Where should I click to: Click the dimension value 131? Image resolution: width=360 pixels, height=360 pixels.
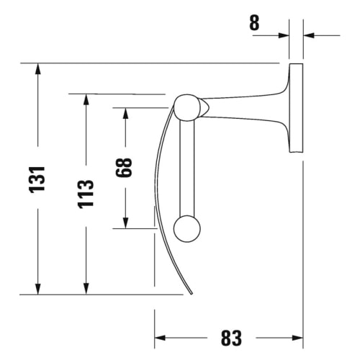[x=38, y=179]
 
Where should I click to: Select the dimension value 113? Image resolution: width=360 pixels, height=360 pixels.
[x=86, y=194]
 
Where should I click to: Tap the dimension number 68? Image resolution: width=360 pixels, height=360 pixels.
[x=125, y=168]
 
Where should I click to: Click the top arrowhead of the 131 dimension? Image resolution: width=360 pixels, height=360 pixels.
[x=38, y=69]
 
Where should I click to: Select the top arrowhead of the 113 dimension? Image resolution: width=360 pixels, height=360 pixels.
[x=86, y=99]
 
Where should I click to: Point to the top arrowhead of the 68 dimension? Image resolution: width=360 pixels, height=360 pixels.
[x=125, y=114]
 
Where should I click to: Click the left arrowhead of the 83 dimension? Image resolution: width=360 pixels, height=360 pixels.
[x=161, y=338]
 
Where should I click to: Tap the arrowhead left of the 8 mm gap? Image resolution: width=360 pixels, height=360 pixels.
[x=284, y=35]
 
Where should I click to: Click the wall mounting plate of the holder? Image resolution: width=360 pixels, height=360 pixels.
[x=296, y=108]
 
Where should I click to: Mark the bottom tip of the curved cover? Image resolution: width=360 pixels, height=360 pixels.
[x=192, y=293]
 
